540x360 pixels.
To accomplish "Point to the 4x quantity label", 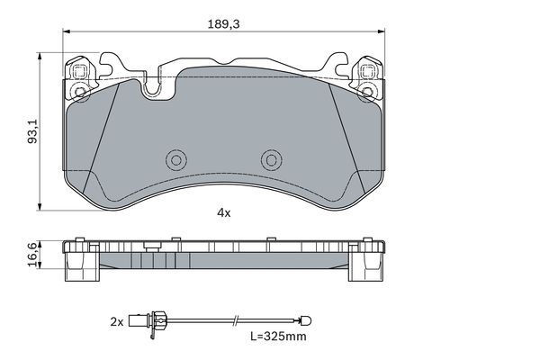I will [x=223, y=213].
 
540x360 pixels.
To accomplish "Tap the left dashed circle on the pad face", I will [x=175, y=159].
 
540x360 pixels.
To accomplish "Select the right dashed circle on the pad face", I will [x=271, y=159].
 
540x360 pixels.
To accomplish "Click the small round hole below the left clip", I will [x=79, y=92].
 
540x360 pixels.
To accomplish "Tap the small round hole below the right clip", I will [x=367, y=92].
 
